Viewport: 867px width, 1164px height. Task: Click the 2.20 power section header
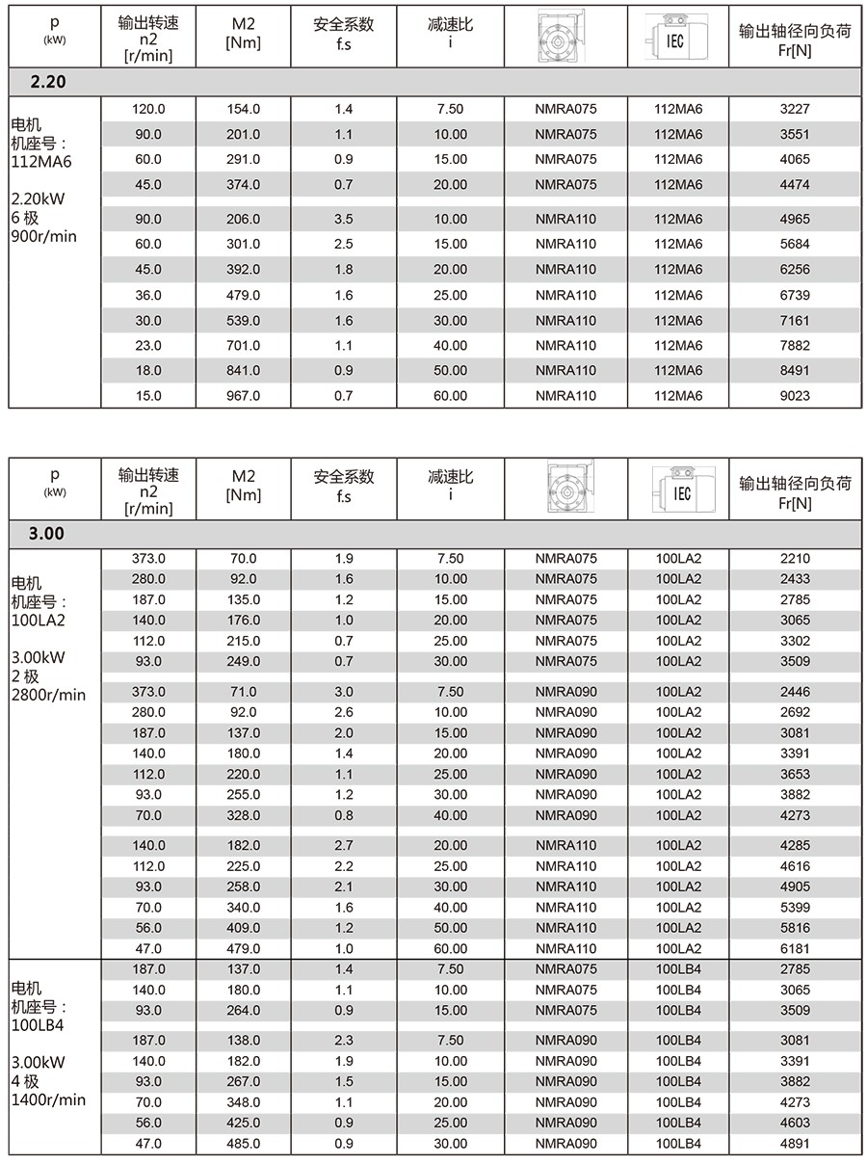[x=48, y=82]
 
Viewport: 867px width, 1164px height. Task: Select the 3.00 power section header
[x=48, y=533]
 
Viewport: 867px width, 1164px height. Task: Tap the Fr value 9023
[x=795, y=396]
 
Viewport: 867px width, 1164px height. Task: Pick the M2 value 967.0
[x=243, y=396]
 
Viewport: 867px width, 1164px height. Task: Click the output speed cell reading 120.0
[x=148, y=109]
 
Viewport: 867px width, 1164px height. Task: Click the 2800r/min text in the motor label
[x=48, y=695]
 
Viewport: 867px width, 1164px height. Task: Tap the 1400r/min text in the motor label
[x=48, y=1099]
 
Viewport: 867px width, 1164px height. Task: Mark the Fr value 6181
[x=795, y=948]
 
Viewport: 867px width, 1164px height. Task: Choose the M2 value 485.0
[x=243, y=1144]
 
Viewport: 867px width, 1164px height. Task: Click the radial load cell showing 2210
[x=795, y=558]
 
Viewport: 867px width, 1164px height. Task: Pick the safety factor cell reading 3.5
[x=344, y=219]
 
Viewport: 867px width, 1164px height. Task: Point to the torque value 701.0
[x=243, y=345]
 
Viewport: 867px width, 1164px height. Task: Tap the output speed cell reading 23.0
[x=148, y=345]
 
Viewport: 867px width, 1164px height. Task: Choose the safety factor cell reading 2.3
[x=344, y=1040]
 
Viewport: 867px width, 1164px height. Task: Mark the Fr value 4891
[x=795, y=1144]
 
